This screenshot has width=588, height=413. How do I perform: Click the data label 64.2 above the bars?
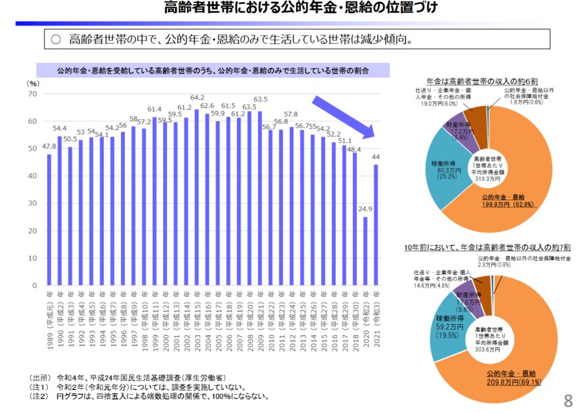(x=197, y=97)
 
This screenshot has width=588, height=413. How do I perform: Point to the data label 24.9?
(x=365, y=209)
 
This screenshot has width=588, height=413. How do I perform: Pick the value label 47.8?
(x=49, y=146)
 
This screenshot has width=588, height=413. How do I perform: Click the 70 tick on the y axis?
(x=32, y=94)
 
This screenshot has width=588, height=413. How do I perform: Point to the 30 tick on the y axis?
(x=32, y=204)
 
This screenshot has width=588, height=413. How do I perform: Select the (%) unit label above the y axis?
(x=33, y=83)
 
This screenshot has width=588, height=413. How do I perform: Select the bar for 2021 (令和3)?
(x=376, y=224)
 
